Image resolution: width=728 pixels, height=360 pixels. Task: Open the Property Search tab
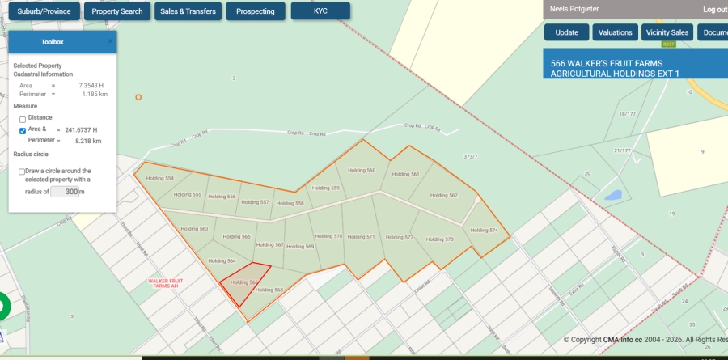point(117,11)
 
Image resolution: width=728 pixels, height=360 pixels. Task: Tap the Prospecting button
point(255,11)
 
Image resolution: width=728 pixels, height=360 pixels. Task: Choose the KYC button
point(320,11)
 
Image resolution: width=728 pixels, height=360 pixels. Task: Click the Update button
point(566,32)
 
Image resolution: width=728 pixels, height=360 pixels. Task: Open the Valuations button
point(616,32)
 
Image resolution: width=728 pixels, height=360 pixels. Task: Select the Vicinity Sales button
point(667,32)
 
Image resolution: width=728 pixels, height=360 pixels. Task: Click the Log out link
point(715,10)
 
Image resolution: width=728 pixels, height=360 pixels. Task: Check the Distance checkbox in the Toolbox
point(23,120)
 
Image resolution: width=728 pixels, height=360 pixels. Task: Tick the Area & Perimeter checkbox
point(23,129)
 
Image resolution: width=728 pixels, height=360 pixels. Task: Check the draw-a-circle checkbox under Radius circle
point(22,172)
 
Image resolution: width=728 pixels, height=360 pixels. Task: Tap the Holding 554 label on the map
point(159,178)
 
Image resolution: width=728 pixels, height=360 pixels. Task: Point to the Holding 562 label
point(443,195)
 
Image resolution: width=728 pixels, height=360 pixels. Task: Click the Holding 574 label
point(483,231)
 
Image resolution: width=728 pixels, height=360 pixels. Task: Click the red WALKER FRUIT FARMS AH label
point(166,283)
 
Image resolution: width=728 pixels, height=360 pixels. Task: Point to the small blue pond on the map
point(612,195)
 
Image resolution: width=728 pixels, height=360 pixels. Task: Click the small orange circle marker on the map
point(138,97)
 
